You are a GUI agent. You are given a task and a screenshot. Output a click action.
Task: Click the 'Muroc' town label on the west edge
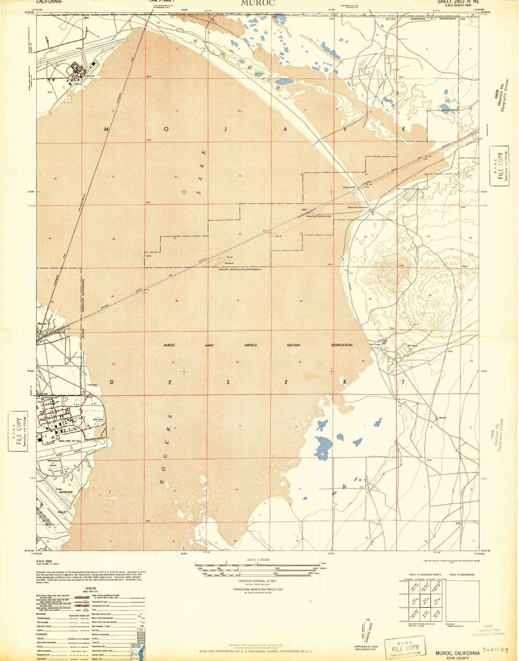tap(42, 323)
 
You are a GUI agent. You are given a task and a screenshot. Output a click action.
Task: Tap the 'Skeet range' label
tap(98, 420)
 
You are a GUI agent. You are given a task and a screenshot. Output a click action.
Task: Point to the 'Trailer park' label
tap(92, 385)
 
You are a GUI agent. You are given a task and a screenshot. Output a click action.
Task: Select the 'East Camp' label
tap(375, 345)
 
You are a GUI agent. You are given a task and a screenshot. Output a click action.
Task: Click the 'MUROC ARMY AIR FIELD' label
tap(70, 441)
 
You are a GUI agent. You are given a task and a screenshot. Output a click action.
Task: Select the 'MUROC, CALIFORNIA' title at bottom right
tap(457, 653)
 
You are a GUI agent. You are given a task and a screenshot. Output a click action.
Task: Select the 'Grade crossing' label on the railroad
tap(349, 187)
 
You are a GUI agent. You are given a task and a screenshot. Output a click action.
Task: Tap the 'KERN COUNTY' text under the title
tap(457, 658)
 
